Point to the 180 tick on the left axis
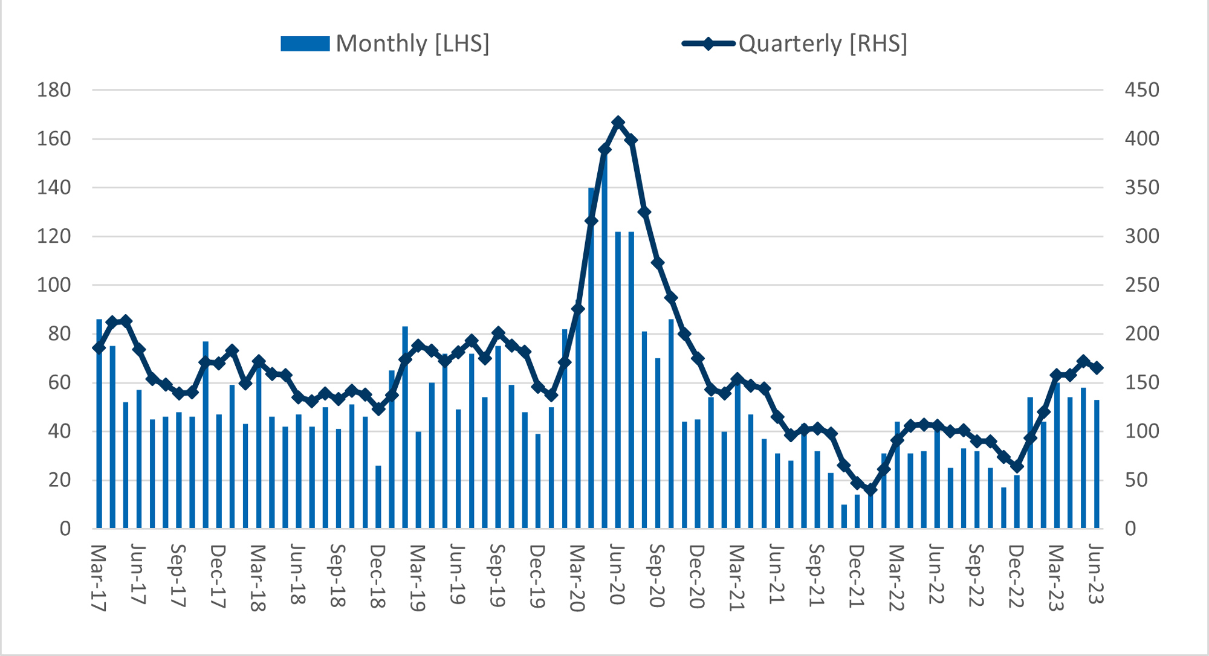(54, 90)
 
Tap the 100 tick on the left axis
(54, 285)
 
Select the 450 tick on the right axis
(1142, 90)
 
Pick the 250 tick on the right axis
(1142, 285)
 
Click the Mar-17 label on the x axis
(99, 577)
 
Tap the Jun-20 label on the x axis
(617, 574)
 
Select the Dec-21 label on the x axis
(857, 575)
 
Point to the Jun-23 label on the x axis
(1096, 574)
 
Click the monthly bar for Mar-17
(99, 423)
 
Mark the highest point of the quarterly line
(618, 122)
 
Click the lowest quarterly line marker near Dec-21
(870, 489)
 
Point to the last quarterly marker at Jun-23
(1097, 368)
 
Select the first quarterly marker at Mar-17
(99, 348)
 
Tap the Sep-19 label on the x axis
(498, 575)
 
